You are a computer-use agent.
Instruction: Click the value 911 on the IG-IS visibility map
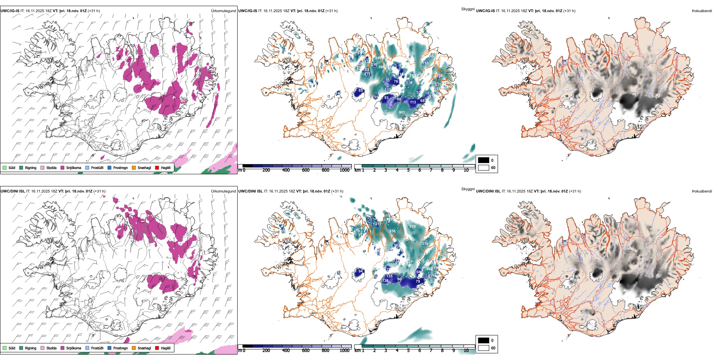(402, 112)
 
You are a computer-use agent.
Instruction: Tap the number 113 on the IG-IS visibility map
(413, 102)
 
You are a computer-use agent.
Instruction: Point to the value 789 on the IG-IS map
(413, 75)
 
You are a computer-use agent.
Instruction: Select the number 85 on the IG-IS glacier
(361, 91)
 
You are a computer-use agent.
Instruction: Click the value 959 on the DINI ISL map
(412, 227)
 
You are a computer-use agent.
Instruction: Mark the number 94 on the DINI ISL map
(361, 271)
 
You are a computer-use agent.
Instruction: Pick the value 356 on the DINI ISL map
(392, 231)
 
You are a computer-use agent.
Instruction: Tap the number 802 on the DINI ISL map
(429, 269)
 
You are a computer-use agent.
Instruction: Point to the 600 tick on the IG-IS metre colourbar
(306, 170)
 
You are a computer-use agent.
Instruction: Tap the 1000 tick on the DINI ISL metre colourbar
(344, 351)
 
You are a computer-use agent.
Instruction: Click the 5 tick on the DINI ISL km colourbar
(409, 351)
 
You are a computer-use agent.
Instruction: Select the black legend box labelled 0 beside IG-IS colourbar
(484, 160)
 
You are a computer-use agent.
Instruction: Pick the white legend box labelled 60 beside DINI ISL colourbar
(484, 348)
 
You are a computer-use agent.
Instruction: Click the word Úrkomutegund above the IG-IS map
(223, 11)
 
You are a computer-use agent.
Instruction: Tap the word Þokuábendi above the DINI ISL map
(702, 191)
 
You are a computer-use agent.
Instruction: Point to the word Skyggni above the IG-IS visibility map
(468, 9)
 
